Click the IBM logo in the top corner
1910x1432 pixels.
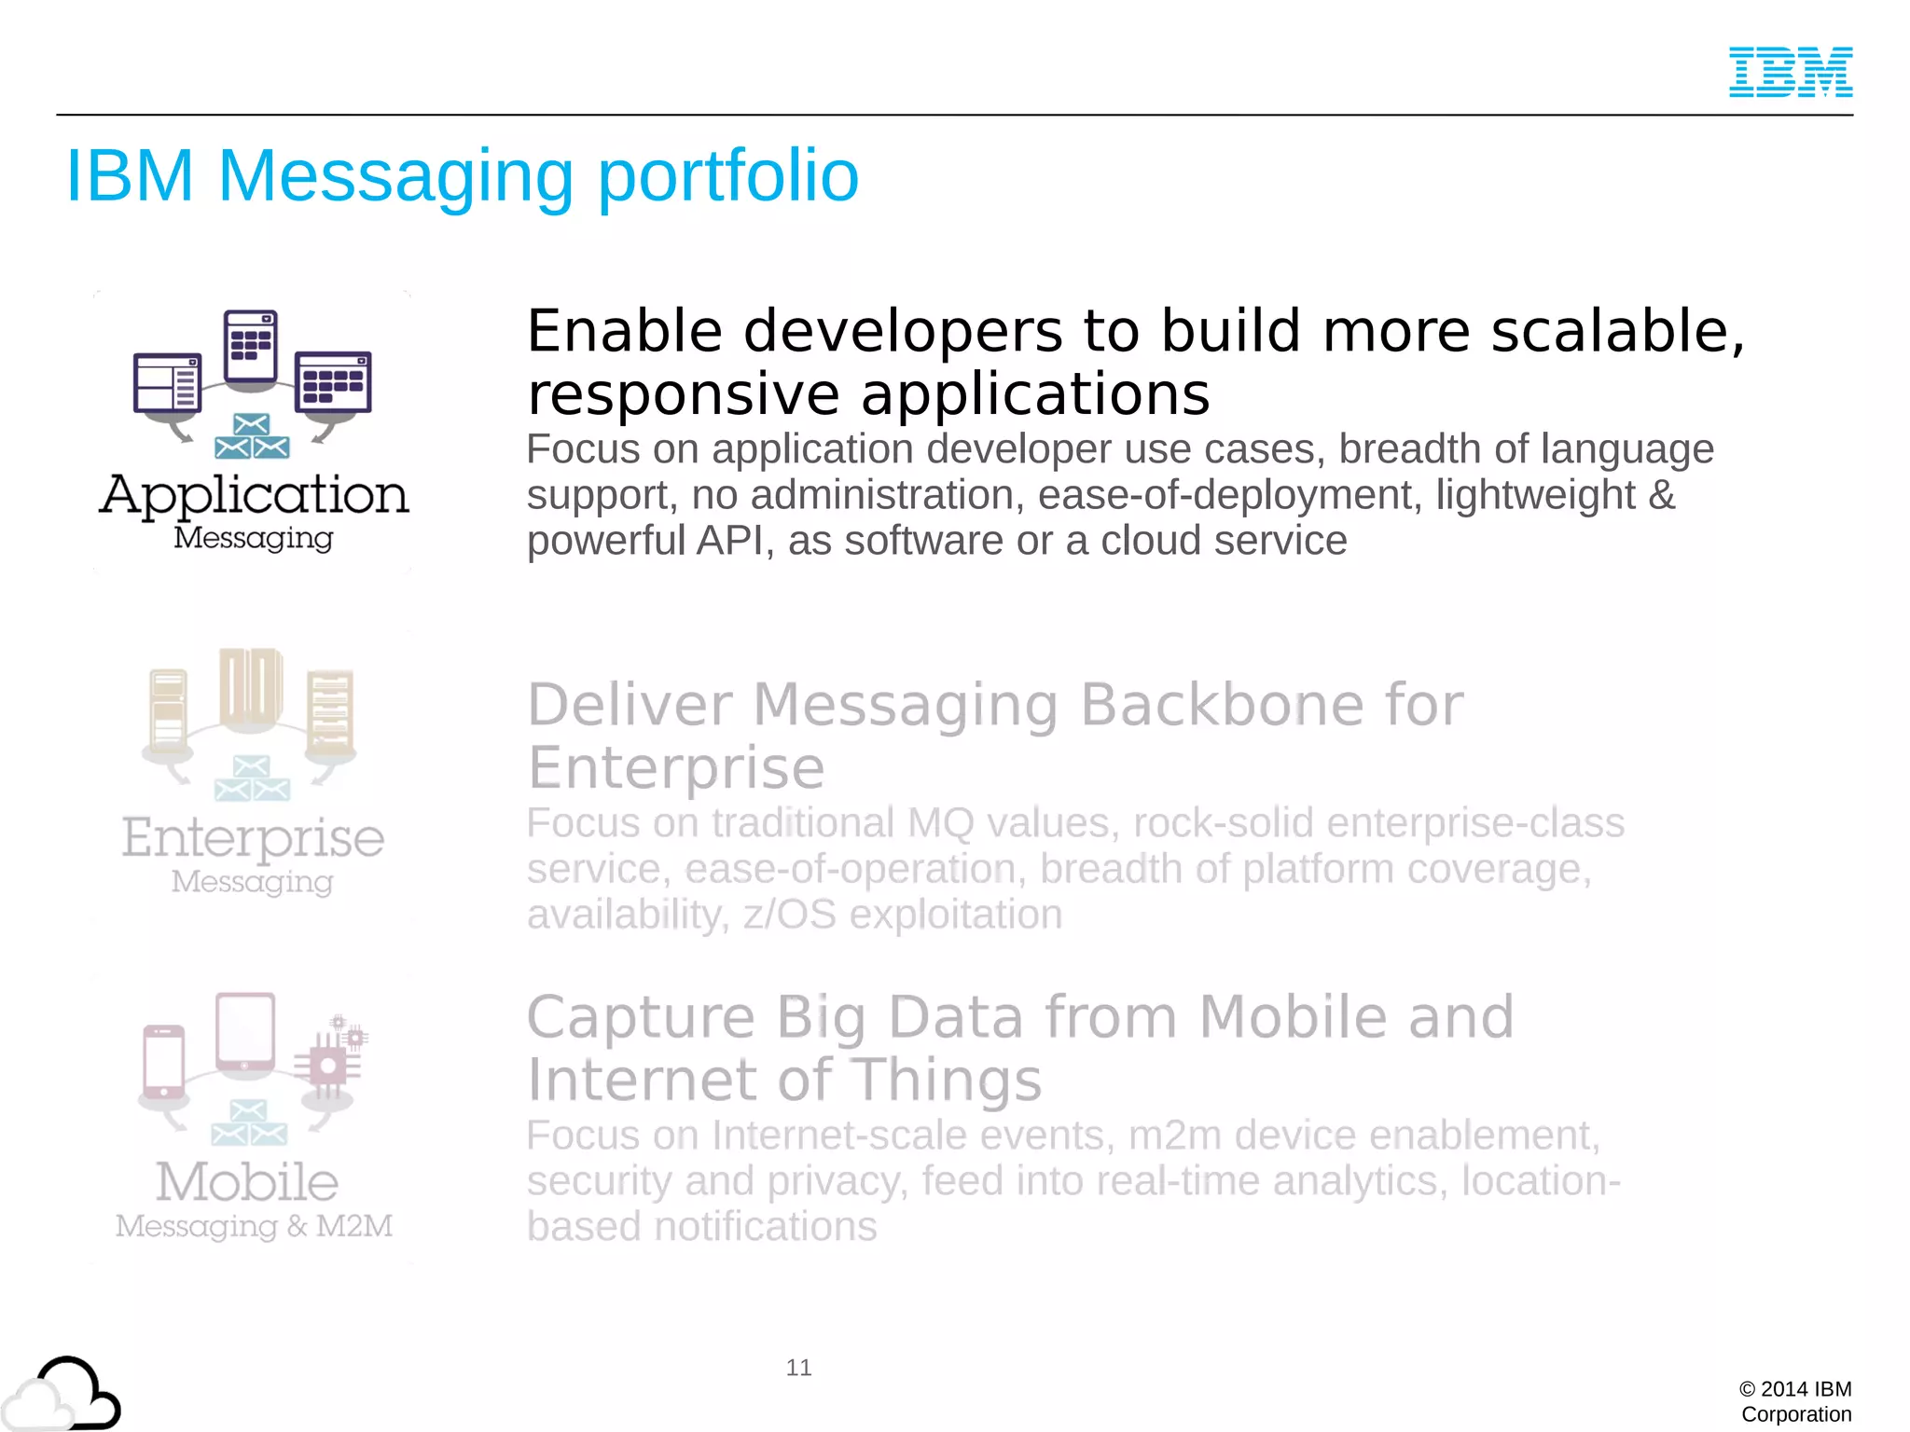[x=1791, y=72]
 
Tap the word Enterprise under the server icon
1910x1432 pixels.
[x=253, y=837]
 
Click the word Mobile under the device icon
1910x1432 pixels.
[x=247, y=1182]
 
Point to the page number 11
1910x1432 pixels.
[x=798, y=1368]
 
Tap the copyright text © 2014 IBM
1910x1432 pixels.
[x=1795, y=1389]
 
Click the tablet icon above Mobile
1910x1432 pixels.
[x=245, y=1033]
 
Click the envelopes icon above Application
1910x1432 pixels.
[x=251, y=437]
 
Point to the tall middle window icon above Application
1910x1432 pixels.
[x=251, y=346]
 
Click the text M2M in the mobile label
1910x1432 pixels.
[x=354, y=1225]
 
